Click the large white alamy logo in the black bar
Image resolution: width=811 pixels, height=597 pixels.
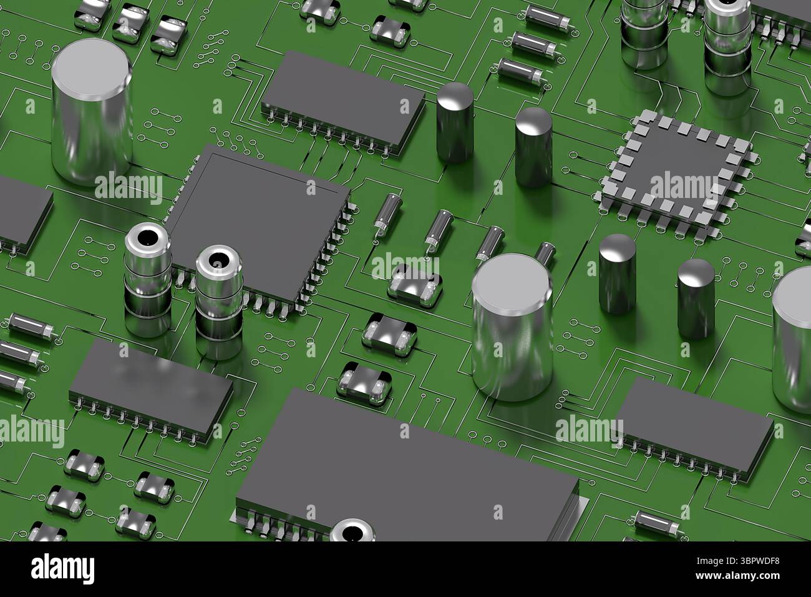pos(62,569)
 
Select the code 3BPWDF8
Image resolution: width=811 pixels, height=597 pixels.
pos(759,561)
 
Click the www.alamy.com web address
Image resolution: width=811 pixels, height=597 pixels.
pos(738,576)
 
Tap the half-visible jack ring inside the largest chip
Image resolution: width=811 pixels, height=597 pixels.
pos(352,531)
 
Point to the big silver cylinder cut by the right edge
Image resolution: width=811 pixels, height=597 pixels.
pos(791,339)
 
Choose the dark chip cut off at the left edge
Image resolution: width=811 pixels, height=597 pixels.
pos(24,214)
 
